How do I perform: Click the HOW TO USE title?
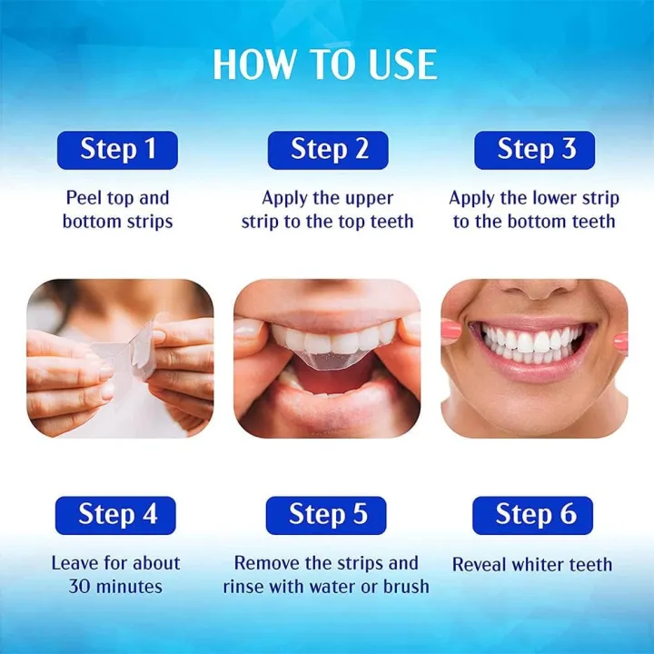point(325,64)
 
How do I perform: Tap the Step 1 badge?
point(117,150)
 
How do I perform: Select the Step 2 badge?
point(328,150)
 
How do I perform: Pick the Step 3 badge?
point(535,150)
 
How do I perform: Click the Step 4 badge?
point(117,515)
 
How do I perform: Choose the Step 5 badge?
point(327,515)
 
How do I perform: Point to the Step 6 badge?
point(534,515)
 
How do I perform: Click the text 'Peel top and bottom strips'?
point(117,210)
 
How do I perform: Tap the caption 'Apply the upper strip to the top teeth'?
point(327,210)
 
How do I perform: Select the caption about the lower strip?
point(534,210)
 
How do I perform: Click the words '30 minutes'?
point(116,587)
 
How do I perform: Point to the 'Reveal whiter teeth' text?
point(532,565)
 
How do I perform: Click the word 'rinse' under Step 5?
point(245,587)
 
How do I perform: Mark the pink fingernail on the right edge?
point(621,342)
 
